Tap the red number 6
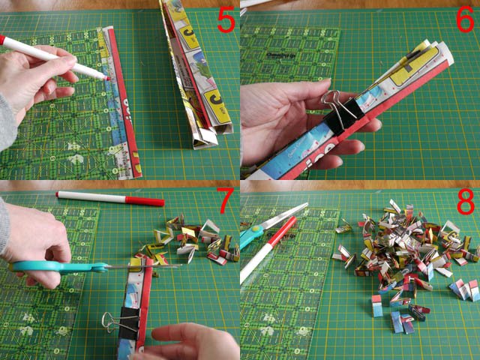tap(464, 21)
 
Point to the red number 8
tap(464, 203)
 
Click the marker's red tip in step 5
tap(108, 77)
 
